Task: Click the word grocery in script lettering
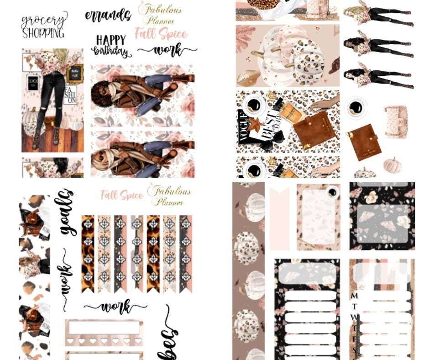(44, 21)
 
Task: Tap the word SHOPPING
(43, 33)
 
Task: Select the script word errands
(108, 15)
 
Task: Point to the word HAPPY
(111, 40)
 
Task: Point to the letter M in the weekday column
(354, 296)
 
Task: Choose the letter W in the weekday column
(354, 317)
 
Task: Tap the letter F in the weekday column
(354, 339)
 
